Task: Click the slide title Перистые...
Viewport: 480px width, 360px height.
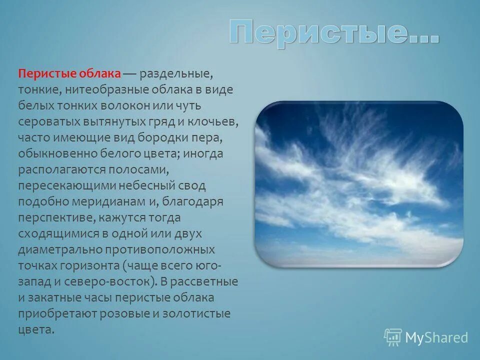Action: (334, 33)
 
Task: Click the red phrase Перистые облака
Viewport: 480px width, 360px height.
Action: (69, 74)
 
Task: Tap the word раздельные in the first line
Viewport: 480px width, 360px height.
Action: (176, 74)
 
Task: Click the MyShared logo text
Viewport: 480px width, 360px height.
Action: (436, 337)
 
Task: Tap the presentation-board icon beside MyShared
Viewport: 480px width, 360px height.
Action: (393, 337)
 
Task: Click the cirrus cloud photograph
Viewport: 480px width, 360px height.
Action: (359, 184)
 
